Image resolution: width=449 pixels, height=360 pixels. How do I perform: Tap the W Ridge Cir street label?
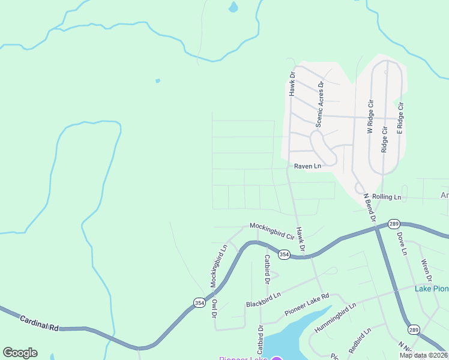point(370,117)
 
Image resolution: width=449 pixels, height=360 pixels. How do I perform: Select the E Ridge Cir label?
point(400,117)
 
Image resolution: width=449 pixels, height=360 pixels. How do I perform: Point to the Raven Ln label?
point(307,166)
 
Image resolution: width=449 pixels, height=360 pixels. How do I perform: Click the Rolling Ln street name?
point(386,197)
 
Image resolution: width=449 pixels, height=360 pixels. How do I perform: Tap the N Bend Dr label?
point(369,208)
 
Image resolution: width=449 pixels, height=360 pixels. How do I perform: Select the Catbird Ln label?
point(266,268)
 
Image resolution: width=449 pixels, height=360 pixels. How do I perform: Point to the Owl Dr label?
point(213,308)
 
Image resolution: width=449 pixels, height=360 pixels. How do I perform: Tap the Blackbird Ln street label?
point(263,300)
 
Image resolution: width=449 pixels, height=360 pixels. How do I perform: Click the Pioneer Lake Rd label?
point(307,304)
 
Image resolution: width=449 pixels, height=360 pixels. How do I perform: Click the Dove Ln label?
point(402,244)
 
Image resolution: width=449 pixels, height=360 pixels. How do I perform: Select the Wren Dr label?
point(427,270)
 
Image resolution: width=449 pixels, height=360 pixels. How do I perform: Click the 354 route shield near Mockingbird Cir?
point(285,255)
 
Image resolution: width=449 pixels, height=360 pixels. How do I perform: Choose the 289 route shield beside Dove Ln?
point(393,223)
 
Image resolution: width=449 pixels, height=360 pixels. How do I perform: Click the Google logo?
point(20,353)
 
